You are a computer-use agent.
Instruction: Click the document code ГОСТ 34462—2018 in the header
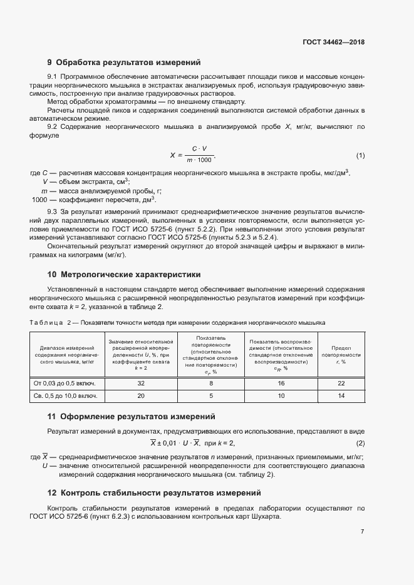(x=333, y=43)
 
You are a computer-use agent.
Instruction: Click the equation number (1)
(x=360, y=155)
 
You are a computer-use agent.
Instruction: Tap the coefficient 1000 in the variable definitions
(x=39, y=200)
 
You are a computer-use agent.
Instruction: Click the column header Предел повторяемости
(x=341, y=354)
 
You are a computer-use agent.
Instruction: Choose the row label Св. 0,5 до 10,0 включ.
(x=65, y=396)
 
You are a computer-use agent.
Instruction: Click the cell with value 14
(x=341, y=396)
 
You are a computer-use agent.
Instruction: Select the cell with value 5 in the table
(x=211, y=396)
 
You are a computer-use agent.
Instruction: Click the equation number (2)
(x=360, y=444)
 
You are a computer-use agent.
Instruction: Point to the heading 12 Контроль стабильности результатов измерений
(x=154, y=492)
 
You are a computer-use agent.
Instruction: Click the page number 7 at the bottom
(x=363, y=531)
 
